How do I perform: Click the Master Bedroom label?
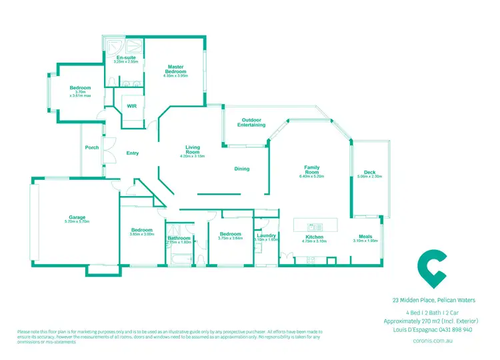(x=175, y=69)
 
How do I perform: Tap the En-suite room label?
(x=125, y=59)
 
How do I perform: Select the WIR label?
(x=131, y=106)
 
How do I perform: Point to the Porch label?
(x=92, y=148)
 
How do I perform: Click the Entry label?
(x=133, y=153)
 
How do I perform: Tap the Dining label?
(x=241, y=169)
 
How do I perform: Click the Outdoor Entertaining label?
(x=253, y=123)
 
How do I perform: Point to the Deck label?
(x=369, y=173)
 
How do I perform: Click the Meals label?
(x=365, y=237)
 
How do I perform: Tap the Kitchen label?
(x=314, y=237)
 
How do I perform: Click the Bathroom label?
(x=179, y=238)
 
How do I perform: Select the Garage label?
(x=77, y=217)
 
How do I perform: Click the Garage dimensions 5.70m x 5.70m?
(x=77, y=221)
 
